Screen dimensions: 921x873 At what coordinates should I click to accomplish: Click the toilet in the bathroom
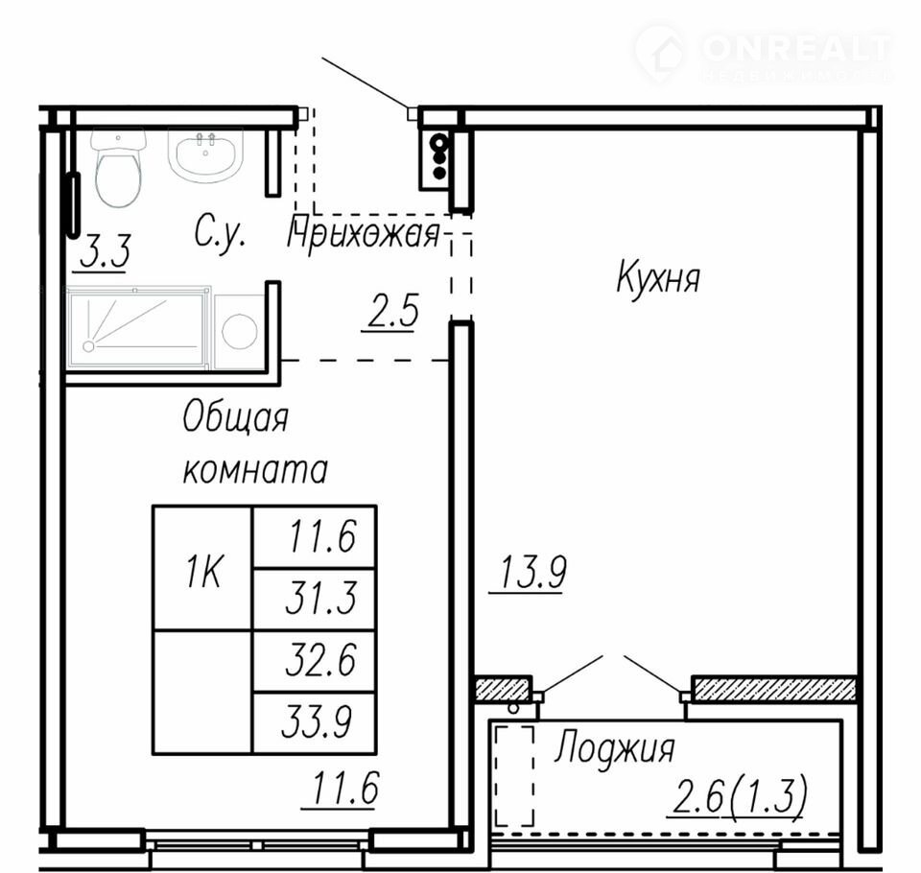tap(119, 167)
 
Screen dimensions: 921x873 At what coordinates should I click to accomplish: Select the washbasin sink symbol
tap(205, 154)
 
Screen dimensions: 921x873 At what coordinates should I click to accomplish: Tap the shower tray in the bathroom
tap(138, 328)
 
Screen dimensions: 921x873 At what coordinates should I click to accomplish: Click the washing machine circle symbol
tap(240, 331)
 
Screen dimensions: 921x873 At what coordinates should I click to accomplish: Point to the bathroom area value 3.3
tap(104, 252)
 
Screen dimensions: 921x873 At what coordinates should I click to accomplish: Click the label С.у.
tap(220, 233)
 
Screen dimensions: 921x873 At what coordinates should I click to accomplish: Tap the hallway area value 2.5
tap(391, 312)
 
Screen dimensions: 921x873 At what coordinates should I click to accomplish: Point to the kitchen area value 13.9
tap(531, 574)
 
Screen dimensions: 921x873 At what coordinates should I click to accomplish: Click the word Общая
tap(235, 418)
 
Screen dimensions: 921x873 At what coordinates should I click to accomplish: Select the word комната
tap(255, 470)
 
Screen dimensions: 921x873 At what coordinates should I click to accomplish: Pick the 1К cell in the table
tap(203, 569)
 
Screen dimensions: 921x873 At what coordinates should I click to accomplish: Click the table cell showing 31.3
tap(315, 600)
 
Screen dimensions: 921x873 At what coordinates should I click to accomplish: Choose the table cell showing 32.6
tap(315, 662)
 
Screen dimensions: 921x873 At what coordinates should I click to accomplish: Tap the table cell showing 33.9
tap(315, 723)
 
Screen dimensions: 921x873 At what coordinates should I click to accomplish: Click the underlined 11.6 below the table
tap(342, 789)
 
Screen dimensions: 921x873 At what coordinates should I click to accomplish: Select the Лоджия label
tap(615, 747)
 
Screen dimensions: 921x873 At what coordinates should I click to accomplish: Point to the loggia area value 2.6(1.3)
tap(738, 797)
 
